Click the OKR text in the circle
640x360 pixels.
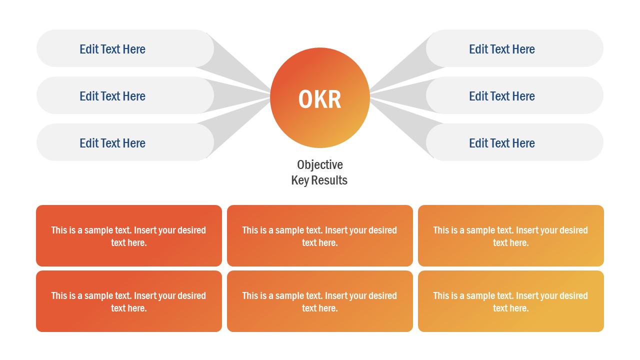(320, 99)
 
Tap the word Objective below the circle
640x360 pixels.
(320, 164)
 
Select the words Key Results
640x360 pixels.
(319, 180)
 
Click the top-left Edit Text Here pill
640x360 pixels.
(112, 49)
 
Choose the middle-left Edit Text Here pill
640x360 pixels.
(112, 96)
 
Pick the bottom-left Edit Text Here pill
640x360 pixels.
(112, 143)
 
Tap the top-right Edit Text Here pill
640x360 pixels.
(502, 49)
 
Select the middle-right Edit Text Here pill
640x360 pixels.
(502, 96)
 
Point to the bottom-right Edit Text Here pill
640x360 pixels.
(502, 143)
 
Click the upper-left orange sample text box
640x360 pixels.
(129, 236)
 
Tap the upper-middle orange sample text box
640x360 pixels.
(320, 236)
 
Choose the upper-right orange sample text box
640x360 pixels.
(511, 236)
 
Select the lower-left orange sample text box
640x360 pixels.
(129, 301)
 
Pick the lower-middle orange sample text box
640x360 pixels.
(320, 301)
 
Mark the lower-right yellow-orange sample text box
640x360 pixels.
(511, 301)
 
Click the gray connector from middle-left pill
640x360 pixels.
(240, 95)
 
